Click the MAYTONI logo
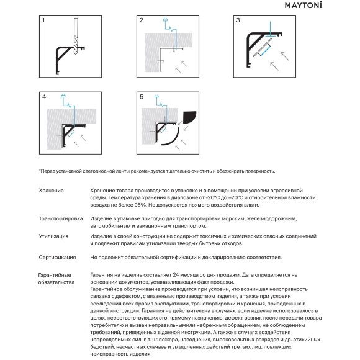[303, 6]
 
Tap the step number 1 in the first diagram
[43, 20]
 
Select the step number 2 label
[141, 20]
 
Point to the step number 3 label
[238, 20]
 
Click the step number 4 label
[44, 97]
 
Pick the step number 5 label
[142, 97]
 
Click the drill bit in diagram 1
[76, 36]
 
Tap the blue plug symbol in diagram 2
[165, 20]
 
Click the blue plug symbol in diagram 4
[63, 96]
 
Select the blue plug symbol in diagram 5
[157, 96]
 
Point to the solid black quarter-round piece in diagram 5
[189, 117]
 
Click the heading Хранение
[51, 191]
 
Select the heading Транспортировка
[61, 219]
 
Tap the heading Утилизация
[53, 236]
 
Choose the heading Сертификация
[57, 258]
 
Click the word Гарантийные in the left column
[55, 275]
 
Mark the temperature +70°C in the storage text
[234, 197]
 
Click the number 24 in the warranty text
[176, 275]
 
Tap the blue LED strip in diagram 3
[265, 50]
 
